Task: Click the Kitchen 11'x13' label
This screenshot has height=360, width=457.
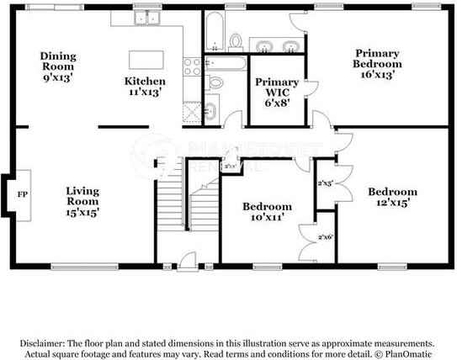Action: coord(145,87)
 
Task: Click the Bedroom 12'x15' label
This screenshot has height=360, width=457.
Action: coord(392,197)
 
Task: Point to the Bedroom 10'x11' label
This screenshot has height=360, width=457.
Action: coord(268,212)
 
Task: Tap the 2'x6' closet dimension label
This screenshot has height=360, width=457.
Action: coord(326,237)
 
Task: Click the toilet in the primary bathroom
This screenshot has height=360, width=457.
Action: coord(235,40)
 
